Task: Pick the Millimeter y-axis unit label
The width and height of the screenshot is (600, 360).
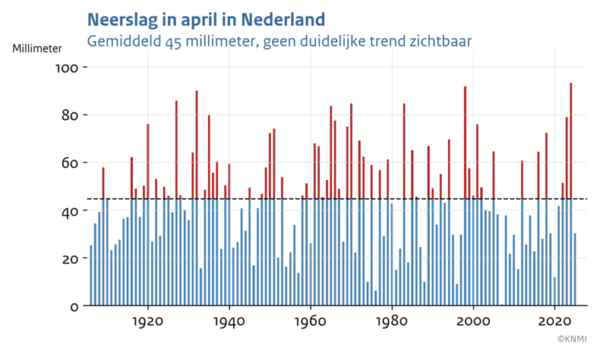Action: pos(37,48)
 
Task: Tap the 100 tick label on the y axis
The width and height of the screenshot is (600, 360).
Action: pos(68,68)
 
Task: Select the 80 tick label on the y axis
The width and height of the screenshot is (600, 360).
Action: pos(71,115)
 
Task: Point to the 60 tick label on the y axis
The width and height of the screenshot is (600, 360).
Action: pos(71,163)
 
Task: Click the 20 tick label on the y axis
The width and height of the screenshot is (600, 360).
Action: pos(71,259)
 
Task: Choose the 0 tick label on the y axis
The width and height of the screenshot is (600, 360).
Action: pos(74,307)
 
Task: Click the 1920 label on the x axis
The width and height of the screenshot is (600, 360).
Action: pos(148,322)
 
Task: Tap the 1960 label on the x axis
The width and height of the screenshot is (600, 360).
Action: pos(311,322)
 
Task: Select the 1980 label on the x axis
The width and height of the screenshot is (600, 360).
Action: pos(392,322)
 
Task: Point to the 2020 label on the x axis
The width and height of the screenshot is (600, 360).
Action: pos(554,322)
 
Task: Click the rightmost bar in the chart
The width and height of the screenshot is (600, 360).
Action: pos(575,270)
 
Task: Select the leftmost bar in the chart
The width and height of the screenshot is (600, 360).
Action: pos(91,276)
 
